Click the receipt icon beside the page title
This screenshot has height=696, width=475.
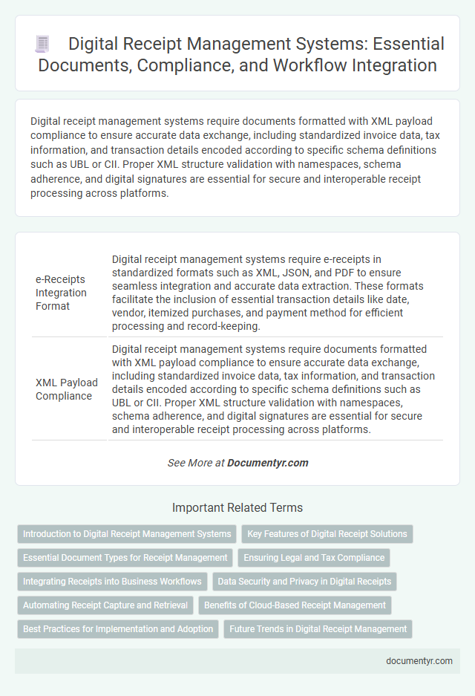[x=42, y=45]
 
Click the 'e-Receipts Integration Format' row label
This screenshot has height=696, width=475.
[x=61, y=293]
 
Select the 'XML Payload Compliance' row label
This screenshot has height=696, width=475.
[x=67, y=389]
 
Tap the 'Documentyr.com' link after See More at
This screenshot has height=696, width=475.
[x=268, y=463]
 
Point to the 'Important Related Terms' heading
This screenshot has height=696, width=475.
[x=237, y=508]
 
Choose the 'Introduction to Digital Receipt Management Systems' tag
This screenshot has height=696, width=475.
[x=127, y=534]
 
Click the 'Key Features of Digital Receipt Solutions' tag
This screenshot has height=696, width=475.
[x=327, y=534]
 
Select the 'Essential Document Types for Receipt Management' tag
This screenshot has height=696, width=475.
[x=125, y=558]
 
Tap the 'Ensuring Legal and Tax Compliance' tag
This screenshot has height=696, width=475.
[x=313, y=558]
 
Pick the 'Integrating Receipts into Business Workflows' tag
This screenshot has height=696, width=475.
[x=112, y=582]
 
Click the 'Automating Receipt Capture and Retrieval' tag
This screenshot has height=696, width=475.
[x=105, y=605]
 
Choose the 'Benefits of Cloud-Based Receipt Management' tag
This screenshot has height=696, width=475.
[x=295, y=605]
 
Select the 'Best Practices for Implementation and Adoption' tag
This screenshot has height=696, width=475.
[x=118, y=629]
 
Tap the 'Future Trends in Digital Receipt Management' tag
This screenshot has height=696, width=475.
[x=318, y=629]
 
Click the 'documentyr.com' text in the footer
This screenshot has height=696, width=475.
[x=419, y=661]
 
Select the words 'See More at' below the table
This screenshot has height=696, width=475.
[x=196, y=463]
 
